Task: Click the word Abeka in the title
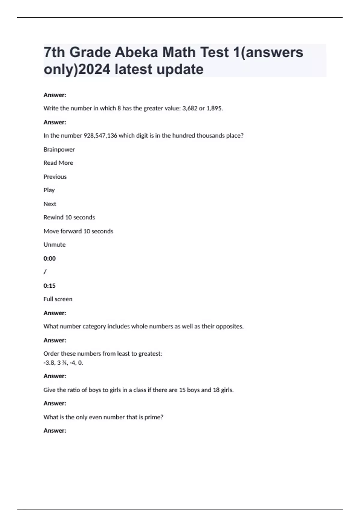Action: click(136, 52)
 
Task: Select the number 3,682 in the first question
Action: click(189, 108)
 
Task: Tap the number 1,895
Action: click(214, 108)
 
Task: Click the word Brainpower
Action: click(59, 149)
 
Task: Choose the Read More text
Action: click(58, 163)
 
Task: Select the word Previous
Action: click(55, 177)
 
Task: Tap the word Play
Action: click(49, 190)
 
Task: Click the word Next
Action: click(50, 204)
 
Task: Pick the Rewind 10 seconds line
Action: click(69, 217)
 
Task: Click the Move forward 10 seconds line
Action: click(78, 231)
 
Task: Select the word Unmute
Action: click(54, 245)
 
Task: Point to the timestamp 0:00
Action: click(49, 259)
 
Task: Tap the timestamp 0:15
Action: click(49, 286)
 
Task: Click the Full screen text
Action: click(58, 299)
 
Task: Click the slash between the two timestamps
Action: click(45, 272)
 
